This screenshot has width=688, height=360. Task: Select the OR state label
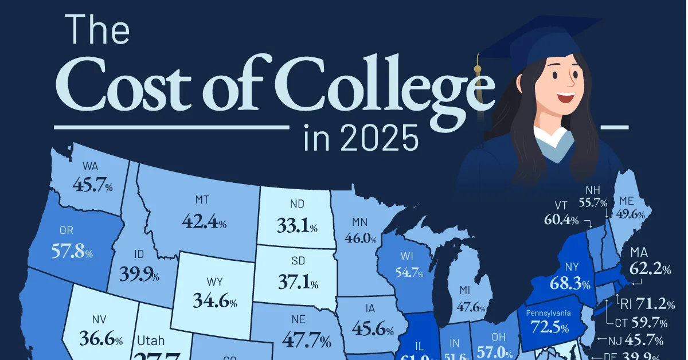(67, 230)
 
